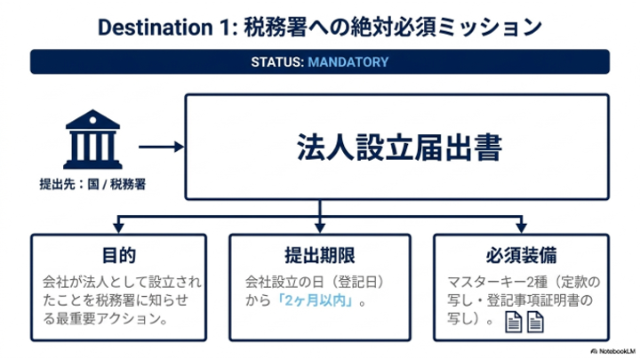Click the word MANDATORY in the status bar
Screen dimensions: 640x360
pos(348,62)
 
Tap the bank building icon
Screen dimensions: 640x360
pos(92,140)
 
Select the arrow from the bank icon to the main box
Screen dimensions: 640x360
pos(161,147)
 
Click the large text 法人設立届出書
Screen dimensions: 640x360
pos(399,148)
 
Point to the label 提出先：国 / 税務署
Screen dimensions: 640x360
pos(92,184)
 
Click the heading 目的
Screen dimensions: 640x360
pos(119,255)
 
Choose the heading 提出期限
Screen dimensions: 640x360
pos(320,255)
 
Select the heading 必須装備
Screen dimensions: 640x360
pos(521,255)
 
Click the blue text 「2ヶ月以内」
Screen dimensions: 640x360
pos(316,300)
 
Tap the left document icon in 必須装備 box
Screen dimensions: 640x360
pos(514,322)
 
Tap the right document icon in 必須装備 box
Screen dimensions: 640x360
pos(535,322)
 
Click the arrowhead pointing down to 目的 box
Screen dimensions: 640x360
pos(118,227)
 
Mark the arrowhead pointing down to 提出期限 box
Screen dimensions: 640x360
pos(320,227)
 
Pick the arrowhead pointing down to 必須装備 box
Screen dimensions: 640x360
pos(521,227)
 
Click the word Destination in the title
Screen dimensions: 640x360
pos(156,28)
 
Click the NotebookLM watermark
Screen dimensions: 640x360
pos(613,351)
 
